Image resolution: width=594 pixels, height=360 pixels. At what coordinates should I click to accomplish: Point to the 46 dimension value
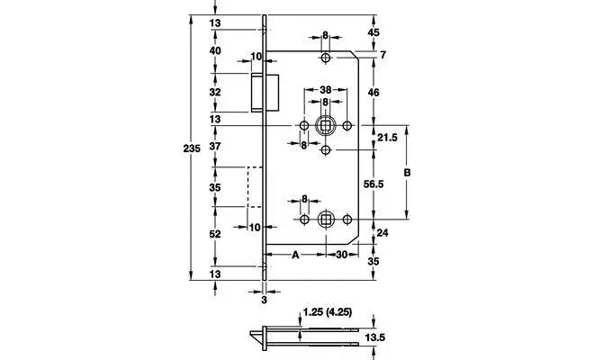click(x=374, y=92)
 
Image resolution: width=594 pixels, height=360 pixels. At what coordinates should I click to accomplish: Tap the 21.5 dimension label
click(x=388, y=137)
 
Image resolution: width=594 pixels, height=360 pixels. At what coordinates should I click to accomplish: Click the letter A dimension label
click(x=294, y=255)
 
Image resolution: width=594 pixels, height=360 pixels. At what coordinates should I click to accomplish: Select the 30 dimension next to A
click(x=342, y=255)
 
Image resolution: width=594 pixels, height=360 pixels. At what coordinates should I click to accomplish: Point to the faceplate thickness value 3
click(x=265, y=301)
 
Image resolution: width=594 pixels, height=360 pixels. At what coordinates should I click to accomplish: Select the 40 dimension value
click(x=214, y=51)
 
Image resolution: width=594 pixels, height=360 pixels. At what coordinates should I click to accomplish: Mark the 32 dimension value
click(x=214, y=92)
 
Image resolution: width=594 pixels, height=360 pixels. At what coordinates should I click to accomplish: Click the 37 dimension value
click(x=214, y=146)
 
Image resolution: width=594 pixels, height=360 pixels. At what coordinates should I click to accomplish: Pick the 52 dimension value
click(x=214, y=234)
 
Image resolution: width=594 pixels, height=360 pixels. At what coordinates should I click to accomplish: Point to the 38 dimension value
click(x=325, y=90)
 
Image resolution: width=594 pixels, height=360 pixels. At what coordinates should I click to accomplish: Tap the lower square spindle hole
click(x=325, y=219)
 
